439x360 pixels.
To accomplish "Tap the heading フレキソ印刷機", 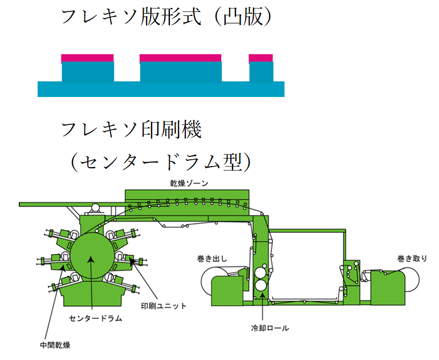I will coord(131,130).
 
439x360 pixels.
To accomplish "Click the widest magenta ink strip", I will coord(180,58).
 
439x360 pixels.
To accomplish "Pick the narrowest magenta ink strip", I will coord(261,58).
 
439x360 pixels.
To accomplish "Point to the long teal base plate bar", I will coord(161,89).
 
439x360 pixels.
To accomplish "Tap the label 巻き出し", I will coord(212,258).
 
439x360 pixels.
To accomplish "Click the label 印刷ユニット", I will coord(164,306).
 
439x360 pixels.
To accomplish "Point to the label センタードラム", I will coord(95,318).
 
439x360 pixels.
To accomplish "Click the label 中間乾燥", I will coord(55,345).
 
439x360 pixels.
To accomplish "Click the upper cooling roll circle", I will coord(261,272).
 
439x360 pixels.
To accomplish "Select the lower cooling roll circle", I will coord(261,285).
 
